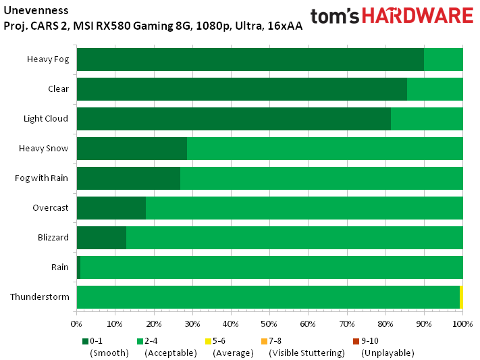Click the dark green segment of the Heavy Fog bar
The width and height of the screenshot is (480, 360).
[250, 59]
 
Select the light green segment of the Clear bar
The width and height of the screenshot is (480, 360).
[435, 89]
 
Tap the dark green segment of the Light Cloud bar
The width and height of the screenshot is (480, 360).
[234, 119]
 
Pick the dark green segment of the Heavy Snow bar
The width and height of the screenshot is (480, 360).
[132, 149]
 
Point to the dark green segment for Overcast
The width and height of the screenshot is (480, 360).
[111, 208]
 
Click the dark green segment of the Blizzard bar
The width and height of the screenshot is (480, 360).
[101, 238]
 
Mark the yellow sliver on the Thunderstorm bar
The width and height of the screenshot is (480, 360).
[461, 297]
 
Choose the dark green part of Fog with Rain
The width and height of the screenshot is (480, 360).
[128, 178]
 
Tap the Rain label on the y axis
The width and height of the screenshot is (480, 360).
[60, 267]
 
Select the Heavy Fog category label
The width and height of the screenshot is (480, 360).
[47, 59]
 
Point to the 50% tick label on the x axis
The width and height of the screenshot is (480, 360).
[269, 324]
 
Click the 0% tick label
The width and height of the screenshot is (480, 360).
[77, 324]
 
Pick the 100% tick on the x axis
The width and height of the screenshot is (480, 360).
[462, 324]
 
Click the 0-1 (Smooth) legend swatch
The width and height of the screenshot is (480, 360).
[85, 341]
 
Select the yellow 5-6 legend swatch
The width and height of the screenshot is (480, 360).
[208, 341]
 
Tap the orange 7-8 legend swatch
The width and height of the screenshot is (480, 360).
[264, 341]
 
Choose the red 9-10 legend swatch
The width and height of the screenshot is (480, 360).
[356, 341]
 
